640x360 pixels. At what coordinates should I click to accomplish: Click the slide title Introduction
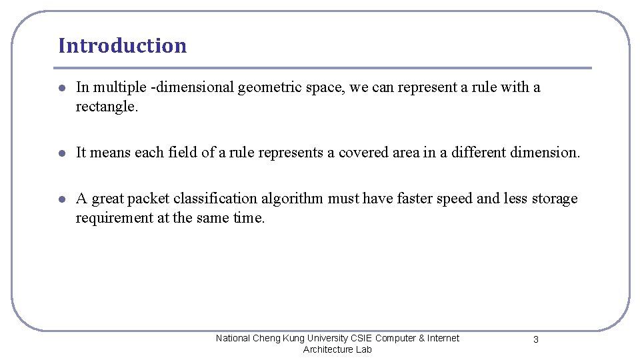click(122, 45)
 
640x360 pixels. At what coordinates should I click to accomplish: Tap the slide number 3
click(535, 340)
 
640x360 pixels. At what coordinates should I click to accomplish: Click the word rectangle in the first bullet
click(106, 107)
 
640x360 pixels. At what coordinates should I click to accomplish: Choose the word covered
click(361, 152)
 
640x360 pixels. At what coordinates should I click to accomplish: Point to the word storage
click(554, 198)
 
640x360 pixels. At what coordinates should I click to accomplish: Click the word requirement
click(114, 218)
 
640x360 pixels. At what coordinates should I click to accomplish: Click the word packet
click(147, 198)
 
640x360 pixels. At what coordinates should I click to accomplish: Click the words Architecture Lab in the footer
click(337, 349)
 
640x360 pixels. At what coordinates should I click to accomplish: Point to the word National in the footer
click(233, 338)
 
